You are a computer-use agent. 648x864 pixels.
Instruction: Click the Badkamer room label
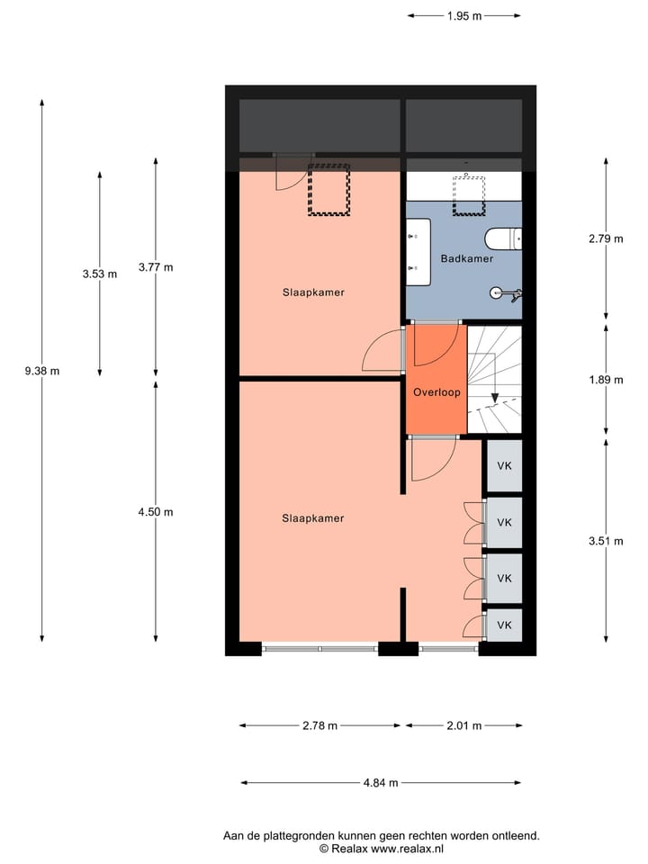[x=466, y=259]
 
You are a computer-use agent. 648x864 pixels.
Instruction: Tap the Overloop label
[x=436, y=392]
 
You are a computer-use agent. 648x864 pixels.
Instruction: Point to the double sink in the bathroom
[x=418, y=252]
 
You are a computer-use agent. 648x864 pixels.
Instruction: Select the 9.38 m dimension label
[x=42, y=371]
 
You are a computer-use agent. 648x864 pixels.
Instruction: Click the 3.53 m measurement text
[x=99, y=274]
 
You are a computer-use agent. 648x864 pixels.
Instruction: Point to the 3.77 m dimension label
[x=155, y=267]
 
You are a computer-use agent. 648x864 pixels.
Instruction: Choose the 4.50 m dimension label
[x=155, y=512]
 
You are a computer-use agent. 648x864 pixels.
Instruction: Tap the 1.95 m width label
[x=463, y=15]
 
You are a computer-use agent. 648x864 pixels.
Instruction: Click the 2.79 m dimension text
[x=605, y=239]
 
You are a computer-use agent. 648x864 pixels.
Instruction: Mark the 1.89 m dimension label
[x=605, y=380]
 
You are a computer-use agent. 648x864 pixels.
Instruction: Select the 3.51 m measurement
[x=605, y=542]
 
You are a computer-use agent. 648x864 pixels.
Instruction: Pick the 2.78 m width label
[x=319, y=725]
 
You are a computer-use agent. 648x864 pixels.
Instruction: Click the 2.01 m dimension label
[x=463, y=725]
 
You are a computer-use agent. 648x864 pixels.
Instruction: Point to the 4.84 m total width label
[x=381, y=783]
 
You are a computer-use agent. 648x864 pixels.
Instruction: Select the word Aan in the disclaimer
[x=233, y=835]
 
